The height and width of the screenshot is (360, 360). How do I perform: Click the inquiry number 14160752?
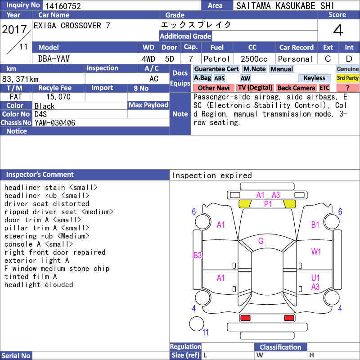point(63,6)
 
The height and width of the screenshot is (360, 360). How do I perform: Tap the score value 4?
point(338,30)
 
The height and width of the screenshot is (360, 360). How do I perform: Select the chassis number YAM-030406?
point(55,123)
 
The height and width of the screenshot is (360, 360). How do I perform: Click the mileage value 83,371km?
point(20,79)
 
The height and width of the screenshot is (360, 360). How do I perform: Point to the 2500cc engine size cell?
point(254,59)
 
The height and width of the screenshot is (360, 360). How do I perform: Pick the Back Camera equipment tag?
point(296,88)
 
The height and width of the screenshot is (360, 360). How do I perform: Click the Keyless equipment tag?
point(314,78)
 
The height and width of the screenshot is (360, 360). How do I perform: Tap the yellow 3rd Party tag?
point(347,78)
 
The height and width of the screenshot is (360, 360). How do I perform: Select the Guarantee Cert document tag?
point(216,69)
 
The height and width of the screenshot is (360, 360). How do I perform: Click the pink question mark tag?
point(347,88)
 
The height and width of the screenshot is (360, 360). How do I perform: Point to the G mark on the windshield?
point(261,241)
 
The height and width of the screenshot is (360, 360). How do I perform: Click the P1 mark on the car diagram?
point(268,204)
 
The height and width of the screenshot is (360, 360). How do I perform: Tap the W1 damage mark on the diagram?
point(316,252)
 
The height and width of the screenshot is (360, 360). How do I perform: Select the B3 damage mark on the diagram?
point(198,255)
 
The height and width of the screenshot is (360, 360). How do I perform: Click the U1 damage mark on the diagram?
point(315,278)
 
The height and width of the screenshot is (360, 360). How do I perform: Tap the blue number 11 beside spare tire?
point(205,332)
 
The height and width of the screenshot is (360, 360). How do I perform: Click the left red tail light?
point(245,318)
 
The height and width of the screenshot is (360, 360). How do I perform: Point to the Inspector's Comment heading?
point(40,175)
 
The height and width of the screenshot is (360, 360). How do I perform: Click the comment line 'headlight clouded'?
point(39,285)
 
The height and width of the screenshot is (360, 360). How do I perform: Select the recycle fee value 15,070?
point(58,97)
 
